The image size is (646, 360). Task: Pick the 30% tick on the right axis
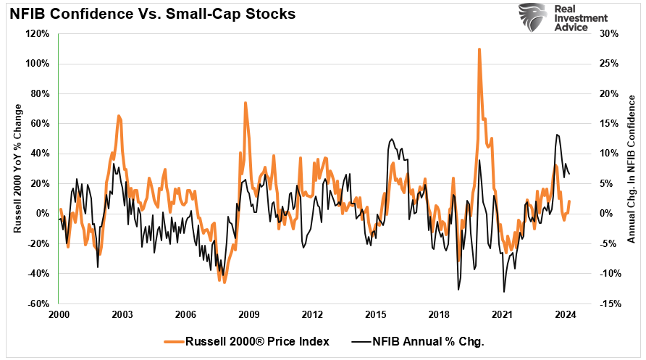(x=608, y=33)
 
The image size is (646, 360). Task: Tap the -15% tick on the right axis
(x=609, y=304)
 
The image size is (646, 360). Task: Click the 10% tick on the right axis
(x=608, y=154)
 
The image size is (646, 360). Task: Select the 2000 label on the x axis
(x=59, y=315)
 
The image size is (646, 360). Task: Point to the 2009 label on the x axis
(x=249, y=315)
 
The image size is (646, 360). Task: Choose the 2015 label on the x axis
(x=376, y=315)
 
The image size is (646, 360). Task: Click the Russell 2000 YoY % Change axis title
(x=17, y=168)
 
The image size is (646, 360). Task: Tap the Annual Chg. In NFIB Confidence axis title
(x=632, y=168)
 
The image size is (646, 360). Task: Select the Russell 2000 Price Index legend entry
(x=246, y=340)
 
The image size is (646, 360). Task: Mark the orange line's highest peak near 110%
(x=479, y=49)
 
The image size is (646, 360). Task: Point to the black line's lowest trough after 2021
(x=504, y=292)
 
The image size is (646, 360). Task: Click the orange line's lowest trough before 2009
(x=224, y=282)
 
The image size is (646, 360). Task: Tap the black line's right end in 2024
(x=569, y=174)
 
